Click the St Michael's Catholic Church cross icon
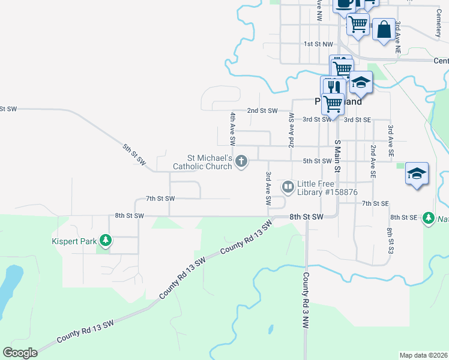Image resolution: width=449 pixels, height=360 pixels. point(241,160)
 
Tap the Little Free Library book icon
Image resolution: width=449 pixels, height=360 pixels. point(288,187)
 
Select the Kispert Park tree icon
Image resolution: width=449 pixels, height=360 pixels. point(106,241)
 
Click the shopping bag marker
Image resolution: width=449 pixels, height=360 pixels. point(384,28)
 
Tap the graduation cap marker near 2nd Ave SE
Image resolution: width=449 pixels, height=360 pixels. point(417,174)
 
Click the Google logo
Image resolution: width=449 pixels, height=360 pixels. point(20,353)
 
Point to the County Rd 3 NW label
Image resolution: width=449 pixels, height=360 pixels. point(305,299)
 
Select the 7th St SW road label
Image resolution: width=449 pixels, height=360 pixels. point(160,198)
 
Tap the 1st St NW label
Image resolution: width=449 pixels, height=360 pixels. point(318,44)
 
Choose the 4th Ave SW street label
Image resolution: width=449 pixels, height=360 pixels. point(232,128)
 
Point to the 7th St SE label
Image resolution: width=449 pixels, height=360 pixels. point(376,204)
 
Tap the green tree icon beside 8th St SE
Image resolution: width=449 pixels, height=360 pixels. point(428,218)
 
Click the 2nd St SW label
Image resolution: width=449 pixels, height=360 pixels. point(262,110)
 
